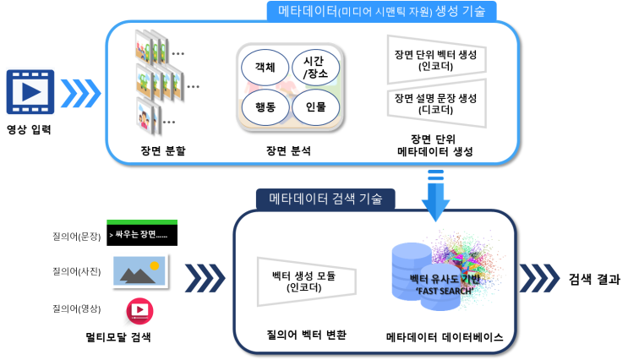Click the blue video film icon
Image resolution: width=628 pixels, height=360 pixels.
click(x=30, y=91)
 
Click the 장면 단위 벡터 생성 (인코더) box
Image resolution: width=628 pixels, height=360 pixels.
click(x=435, y=59)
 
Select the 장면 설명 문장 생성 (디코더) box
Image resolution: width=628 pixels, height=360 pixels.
click(x=435, y=103)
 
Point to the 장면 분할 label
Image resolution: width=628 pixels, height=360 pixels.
click(x=163, y=150)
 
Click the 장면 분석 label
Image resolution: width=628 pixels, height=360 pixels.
click(x=288, y=150)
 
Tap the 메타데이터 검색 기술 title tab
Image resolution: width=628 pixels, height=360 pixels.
click(x=325, y=199)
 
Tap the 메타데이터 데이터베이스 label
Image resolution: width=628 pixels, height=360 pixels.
click(x=445, y=336)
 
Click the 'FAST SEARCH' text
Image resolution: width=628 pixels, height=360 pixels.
click(x=445, y=291)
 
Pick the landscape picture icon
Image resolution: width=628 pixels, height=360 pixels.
click(x=139, y=270)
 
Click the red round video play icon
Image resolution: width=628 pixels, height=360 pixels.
click(x=140, y=311)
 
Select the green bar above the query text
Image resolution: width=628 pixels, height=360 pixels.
click(x=141, y=221)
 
